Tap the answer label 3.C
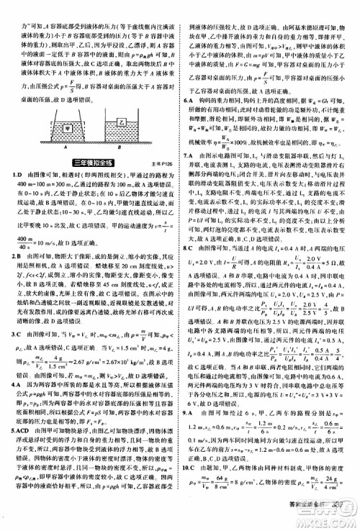point(13,334)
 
